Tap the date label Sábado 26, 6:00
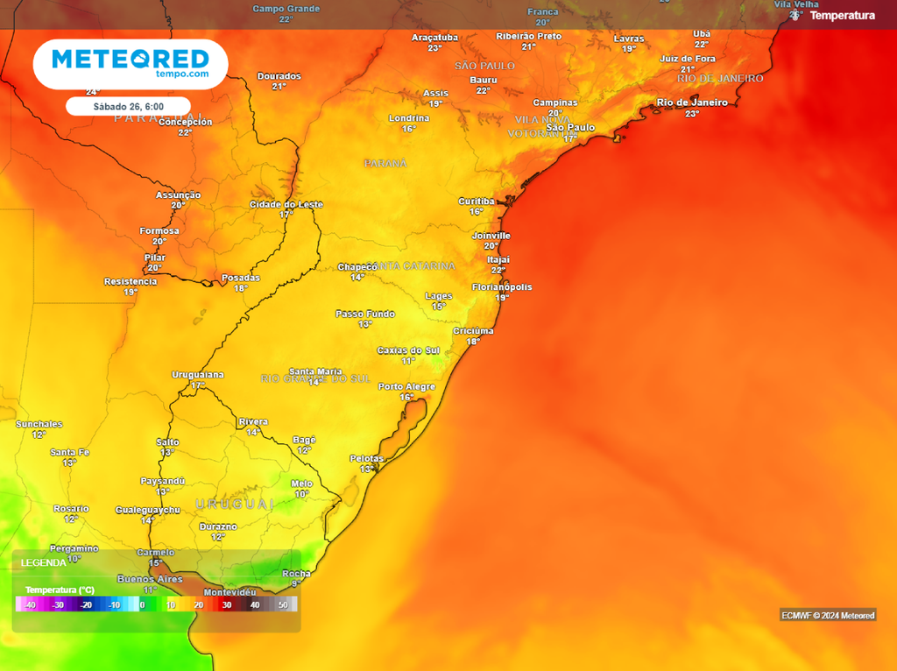(128, 106)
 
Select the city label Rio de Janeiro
(692, 102)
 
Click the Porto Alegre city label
(406, 386)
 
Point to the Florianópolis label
(502, 287)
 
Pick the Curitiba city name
(477, 201)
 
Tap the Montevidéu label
(230, 592)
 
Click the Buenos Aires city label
(150, 579)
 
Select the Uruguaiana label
(198, 375)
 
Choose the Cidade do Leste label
(286, 204)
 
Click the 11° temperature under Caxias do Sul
(408, 361)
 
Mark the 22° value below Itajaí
(498, 271)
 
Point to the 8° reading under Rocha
(296, 583)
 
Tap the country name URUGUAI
(235, 505)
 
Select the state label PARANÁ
(386, 164)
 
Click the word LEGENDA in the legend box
(43, 562)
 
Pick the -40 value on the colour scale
(30, 605)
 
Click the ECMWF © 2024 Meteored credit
(828, 616)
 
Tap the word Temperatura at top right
(842, 16)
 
